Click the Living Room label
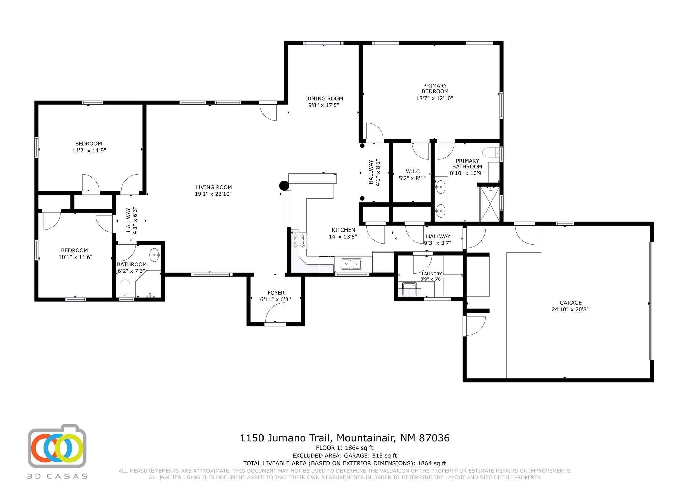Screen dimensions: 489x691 point(214,187)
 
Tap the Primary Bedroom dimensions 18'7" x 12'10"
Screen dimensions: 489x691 point(435,98)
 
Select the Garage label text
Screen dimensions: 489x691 point(571,303)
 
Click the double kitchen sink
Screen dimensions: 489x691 point(351,264)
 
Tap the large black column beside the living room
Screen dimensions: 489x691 point(284,186)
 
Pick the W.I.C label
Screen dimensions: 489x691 point(413,171)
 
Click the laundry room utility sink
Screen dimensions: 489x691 point(410,290)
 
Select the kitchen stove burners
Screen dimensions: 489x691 point(299,240)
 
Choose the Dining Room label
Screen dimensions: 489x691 point(324,99)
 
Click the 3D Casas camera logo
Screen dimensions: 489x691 point(57,446)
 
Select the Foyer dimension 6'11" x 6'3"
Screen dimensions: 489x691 point(275,299)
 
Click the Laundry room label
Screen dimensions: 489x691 point(432,274)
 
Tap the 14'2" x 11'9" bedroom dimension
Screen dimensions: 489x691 point(89,151)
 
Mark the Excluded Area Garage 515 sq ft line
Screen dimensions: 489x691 point(344,456)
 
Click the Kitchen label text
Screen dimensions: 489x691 point(343,230)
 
